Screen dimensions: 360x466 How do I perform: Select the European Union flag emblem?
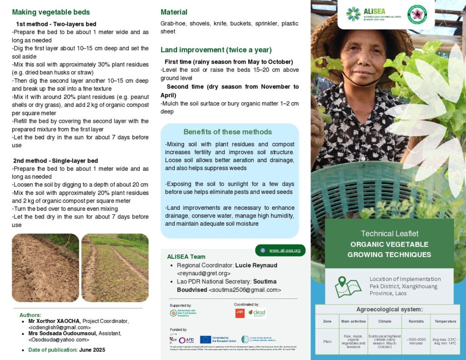click(205, 340)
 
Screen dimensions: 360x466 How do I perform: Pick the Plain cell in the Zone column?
click(327, 341)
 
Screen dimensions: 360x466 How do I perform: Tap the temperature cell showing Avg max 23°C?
click(445, 341)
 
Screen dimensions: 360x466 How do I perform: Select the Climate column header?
click(381, 321)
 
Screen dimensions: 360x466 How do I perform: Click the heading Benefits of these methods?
click(228, 132)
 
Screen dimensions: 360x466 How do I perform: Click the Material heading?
click(174, 12)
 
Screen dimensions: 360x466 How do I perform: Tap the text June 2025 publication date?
click(92, 350)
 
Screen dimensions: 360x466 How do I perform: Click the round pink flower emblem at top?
click(416, 14)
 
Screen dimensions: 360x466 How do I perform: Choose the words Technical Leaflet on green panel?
click(389, 233)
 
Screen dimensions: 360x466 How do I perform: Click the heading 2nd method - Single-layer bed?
click(56, 161)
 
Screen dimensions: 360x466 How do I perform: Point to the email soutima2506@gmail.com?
click(245, 290)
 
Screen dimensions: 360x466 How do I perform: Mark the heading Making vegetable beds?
click(51, 12)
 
